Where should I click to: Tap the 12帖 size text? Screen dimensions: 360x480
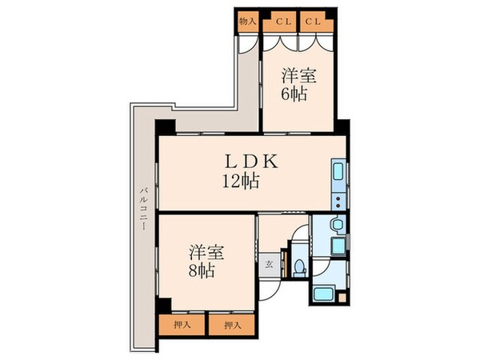point(240,181)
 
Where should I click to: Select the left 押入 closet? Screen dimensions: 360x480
point(182,325)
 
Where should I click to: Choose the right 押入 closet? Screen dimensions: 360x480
point(231,325)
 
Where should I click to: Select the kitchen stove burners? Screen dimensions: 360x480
point(338,201)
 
